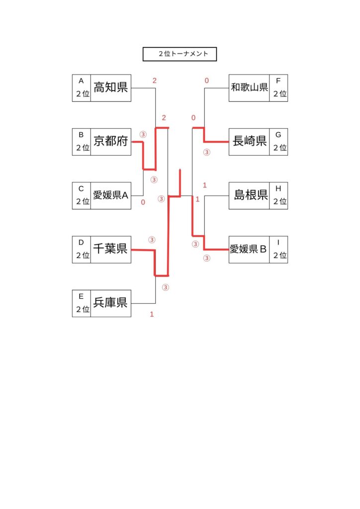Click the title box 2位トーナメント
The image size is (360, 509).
pos(180,54)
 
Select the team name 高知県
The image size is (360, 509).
pos(110,88)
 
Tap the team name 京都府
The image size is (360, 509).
pos(110,142)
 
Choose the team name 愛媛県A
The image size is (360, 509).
pos(110,195)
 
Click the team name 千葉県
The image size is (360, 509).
pos(110,249)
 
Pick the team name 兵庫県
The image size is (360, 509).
pos(110,303)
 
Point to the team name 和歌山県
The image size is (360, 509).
pos(249,88)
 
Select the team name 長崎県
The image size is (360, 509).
pos(249,142)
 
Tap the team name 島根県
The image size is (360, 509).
pos(249,195)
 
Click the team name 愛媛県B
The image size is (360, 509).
pos(249,249)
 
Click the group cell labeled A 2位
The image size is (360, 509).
pos(82,88)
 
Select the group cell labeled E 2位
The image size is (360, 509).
pos(82,303)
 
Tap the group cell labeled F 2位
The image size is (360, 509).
pos(279,88)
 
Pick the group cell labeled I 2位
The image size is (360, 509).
pos(279,249)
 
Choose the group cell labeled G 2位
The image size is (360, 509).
pos(279,142)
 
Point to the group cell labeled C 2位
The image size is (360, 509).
pos(82,195)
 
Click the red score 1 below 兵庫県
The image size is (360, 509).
pos(152,314)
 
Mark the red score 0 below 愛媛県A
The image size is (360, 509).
pos(143,202)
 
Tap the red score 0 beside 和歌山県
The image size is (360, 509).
pos(206,81)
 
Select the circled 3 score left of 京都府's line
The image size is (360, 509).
pos(143,134)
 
